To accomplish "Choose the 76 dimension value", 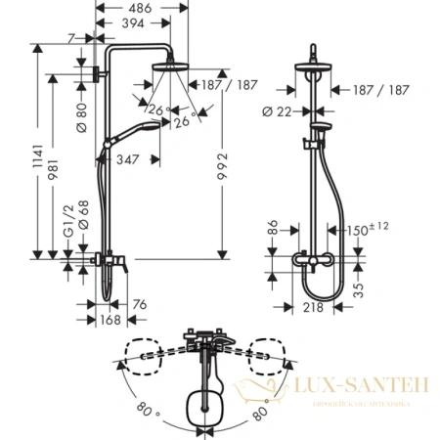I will point(140,304).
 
